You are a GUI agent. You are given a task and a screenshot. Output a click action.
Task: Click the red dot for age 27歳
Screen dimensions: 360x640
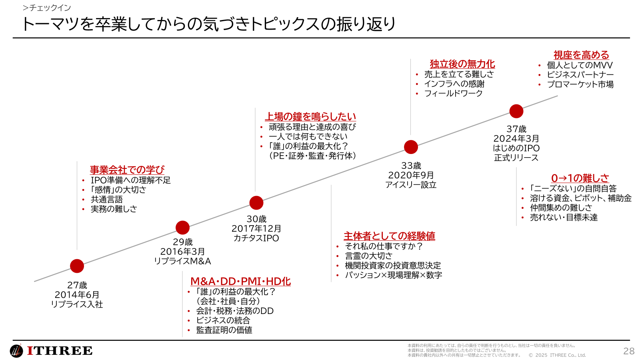[x=77, y=266]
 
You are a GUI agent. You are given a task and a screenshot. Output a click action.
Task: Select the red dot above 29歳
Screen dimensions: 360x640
[x=182, y=228]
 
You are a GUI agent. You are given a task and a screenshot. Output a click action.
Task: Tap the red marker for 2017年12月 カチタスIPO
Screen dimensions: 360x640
[x=256, y=203]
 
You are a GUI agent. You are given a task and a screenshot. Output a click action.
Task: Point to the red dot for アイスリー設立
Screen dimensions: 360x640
[x=411, y=147]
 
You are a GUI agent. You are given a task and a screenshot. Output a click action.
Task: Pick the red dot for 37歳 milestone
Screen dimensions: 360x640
[x=516, y=111]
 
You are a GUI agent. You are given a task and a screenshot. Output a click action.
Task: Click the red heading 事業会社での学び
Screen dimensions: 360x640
[x=127, y=170]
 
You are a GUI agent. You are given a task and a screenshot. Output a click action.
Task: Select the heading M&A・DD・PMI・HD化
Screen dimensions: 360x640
[x=240, y=282]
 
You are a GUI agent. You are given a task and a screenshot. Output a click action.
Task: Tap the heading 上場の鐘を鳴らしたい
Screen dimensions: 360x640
[x=310, y=117]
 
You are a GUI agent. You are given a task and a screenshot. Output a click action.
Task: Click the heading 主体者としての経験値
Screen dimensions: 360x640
[x=389, y=236]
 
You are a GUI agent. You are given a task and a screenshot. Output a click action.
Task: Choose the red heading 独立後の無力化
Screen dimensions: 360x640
[x=462, y=64]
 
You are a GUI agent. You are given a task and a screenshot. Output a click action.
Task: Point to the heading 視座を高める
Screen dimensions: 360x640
[x=581, y=55]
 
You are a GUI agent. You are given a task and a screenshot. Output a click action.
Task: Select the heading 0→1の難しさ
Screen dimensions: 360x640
[x=580, y=178]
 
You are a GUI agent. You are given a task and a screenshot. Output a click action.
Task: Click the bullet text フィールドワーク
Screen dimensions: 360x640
[x=453, y=94]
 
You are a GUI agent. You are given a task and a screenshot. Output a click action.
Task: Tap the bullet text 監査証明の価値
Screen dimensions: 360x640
[x=224, y=330]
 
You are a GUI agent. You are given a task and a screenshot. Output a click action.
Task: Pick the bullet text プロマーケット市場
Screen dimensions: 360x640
[x=580, y=84]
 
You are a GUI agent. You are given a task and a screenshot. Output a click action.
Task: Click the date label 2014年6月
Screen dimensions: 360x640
[x=77, y=295]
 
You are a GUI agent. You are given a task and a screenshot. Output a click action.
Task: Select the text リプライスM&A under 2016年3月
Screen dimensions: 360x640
[x=182, y=261]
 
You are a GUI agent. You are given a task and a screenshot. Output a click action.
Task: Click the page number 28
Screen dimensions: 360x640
[x=629, y=351]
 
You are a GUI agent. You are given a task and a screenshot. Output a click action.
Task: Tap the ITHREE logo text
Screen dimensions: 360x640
[x=60, y=351]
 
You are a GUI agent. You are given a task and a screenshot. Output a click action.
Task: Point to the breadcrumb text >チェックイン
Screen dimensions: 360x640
[x=47, y=8]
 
